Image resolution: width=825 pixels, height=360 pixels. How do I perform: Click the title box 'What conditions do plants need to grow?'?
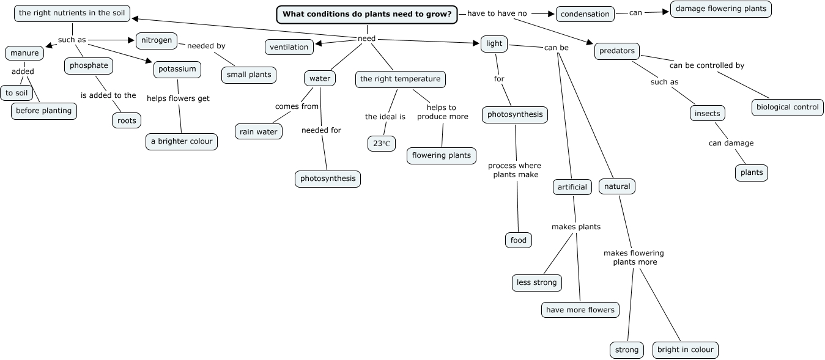tap(367, 15)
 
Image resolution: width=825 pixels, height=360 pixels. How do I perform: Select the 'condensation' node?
tap(585, 14)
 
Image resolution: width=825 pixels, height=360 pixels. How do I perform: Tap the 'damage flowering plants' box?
tap(720, 9)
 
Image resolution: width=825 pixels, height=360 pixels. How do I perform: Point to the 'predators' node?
tap(617, 51)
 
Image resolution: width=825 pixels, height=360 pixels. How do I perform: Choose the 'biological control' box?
tap(787, 107)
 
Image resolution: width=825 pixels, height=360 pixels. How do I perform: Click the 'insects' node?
tap(708, 114)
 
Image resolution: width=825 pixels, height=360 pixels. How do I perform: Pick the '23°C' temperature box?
tap(381, 144)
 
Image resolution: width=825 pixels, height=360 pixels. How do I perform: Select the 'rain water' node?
tap(259, 131)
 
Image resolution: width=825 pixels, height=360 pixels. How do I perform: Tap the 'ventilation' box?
tap(289, 47)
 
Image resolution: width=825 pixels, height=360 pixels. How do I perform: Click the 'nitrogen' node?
tap(157, 41)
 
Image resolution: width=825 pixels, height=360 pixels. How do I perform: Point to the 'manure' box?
tap(24, 53)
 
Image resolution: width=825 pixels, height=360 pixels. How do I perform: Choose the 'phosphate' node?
tap(89, 65)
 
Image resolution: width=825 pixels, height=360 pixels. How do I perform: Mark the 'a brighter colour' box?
tap(182, 141)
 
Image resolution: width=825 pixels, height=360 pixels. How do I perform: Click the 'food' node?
tap(518, 240)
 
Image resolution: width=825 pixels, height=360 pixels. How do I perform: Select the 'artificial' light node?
tap(572, 187)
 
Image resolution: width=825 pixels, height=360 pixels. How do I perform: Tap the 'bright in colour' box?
tap(685, 350)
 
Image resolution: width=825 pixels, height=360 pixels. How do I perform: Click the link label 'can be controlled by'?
tap(706, 65)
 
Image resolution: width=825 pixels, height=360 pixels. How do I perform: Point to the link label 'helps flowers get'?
tap(178, 98)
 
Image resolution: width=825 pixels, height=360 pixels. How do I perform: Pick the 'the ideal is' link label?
tap(385, 117)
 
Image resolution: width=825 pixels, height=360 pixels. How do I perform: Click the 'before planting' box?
tap(44, 111)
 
